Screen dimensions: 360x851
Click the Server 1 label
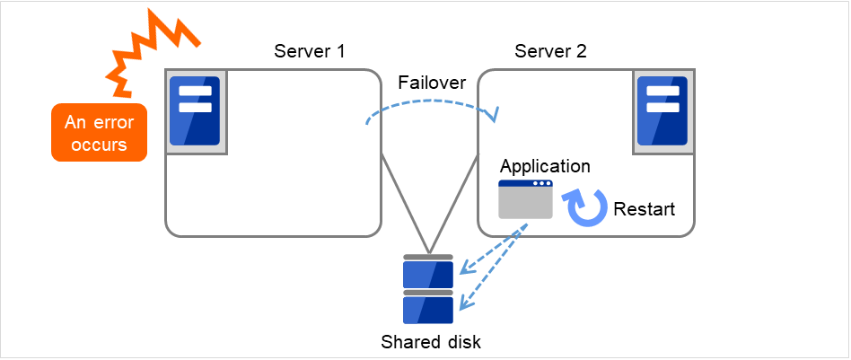pos(309,50)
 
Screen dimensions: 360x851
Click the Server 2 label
pos(550,50)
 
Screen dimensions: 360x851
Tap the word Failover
pos(432,83)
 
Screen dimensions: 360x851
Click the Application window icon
pos(525,199)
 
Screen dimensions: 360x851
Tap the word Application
pos(545,166)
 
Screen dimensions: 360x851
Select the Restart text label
pos(644,209)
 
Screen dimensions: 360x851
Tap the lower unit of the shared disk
pos(428,308)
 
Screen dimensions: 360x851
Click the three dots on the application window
pos(541,184)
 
